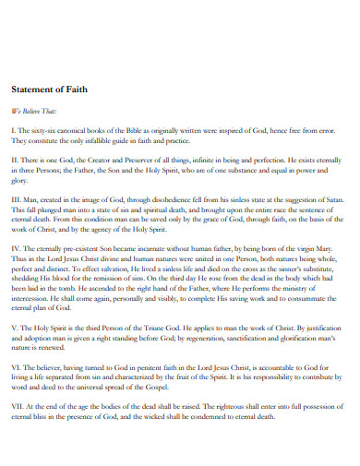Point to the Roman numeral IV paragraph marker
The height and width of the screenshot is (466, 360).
click(x=16, y=248)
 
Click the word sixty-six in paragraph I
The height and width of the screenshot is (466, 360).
click(x=46, y=130)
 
